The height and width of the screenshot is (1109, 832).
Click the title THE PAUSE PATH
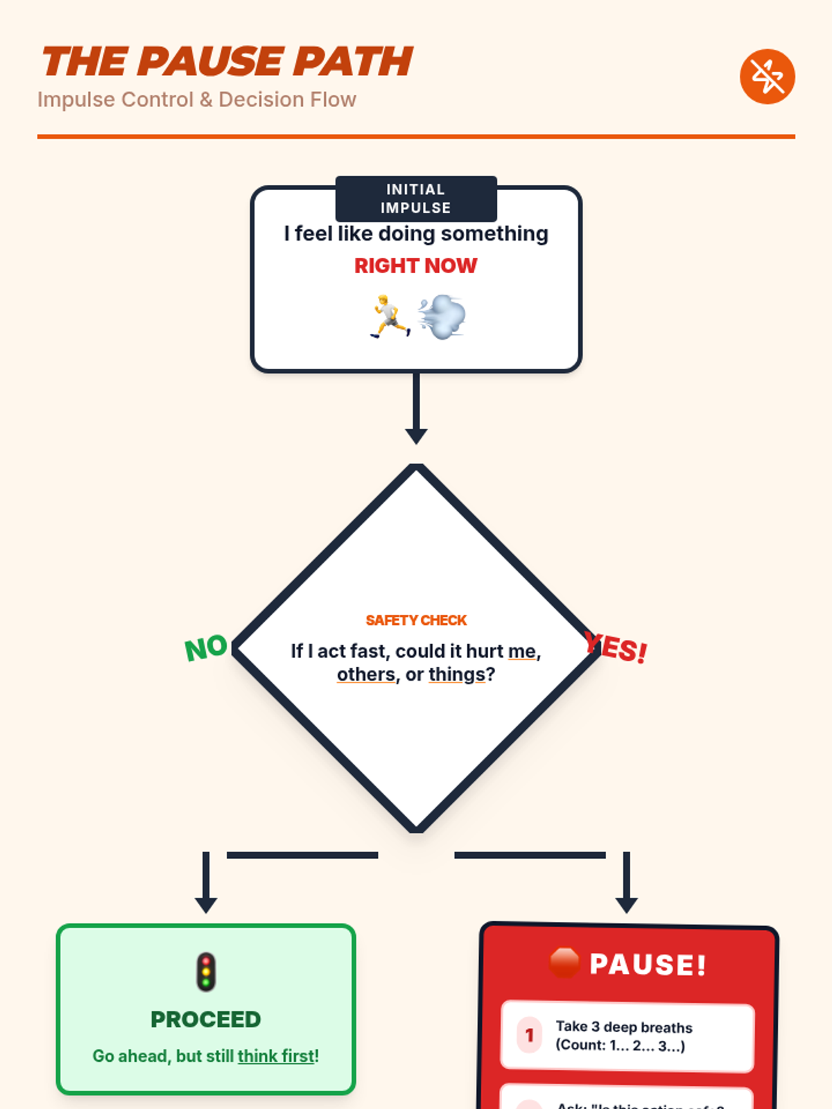point(227,61)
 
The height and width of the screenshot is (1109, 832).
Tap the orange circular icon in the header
point(767,76)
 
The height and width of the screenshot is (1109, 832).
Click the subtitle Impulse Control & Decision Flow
point(197,100)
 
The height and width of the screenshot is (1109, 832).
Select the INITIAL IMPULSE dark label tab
point(416,198)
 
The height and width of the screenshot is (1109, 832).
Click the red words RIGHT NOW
point(415,265)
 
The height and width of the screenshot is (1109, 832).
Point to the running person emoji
point(390,316)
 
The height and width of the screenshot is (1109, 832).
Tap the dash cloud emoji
point(442,317)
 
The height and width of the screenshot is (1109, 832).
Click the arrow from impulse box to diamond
point(416,409)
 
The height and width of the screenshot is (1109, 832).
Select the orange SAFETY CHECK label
point(416,620)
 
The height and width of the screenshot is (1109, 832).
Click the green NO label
point(206,648)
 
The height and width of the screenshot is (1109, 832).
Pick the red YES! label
point(616,647)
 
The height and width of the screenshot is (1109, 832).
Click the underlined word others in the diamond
point(365,674)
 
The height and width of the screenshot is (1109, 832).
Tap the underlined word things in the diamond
point(457,674)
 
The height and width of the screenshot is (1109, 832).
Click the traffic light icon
point(206,972)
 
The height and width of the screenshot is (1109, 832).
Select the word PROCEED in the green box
point(206,1020)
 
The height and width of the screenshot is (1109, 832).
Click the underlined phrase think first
point(276,1056)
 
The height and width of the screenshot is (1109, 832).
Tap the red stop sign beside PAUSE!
point(564,962)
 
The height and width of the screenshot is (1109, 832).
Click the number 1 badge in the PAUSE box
point(530,1036)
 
